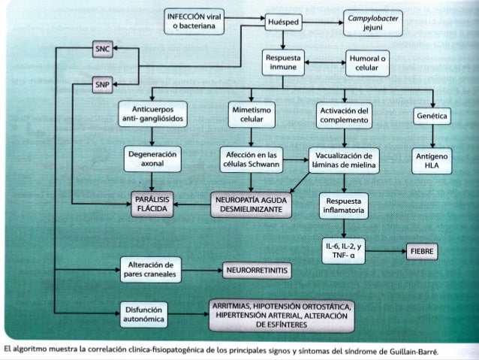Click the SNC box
[102, 50]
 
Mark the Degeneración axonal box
[154, 159]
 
